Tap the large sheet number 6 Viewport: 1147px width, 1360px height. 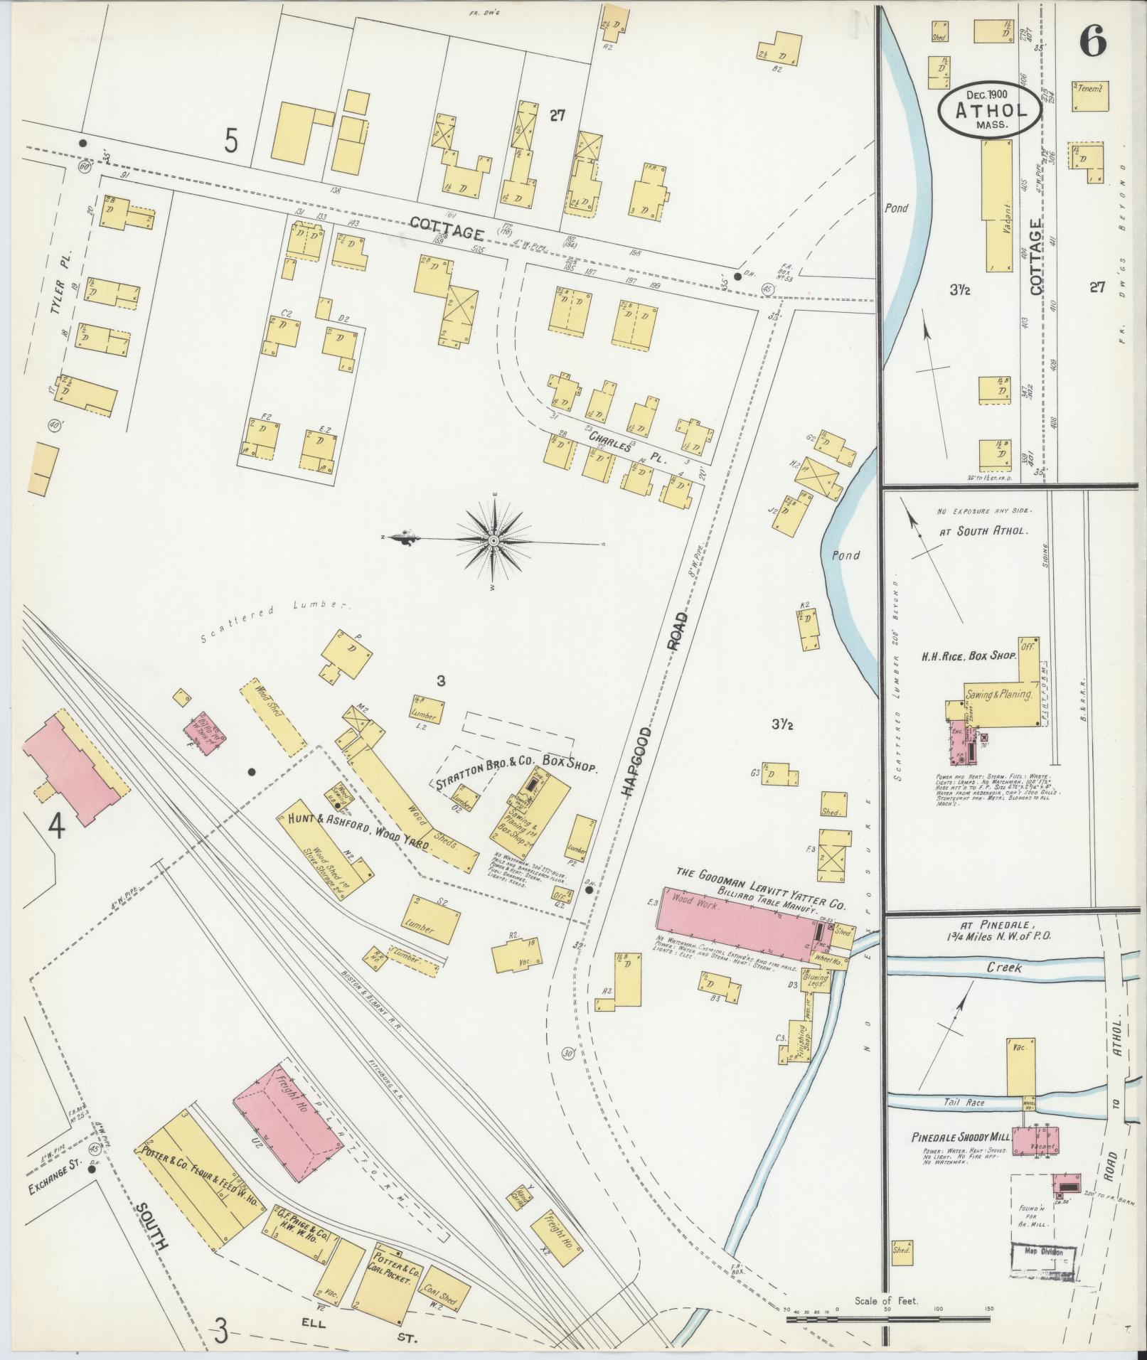click(1093, 43)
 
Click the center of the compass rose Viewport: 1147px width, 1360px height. click(493, 542)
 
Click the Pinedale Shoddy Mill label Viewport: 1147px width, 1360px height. click(956, 1138)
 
